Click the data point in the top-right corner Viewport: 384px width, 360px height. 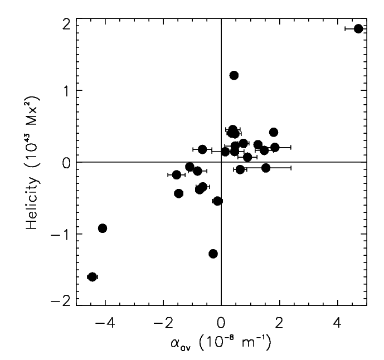(358, 28)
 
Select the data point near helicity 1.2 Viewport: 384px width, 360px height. (234, 75)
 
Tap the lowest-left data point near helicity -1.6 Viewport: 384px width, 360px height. (93, 277)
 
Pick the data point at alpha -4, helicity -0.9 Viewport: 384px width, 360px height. (103, 228)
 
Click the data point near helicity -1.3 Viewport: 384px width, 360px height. (213, 254)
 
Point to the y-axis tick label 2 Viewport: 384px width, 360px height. (65, 23)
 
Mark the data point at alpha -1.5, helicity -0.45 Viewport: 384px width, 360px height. (179, 193)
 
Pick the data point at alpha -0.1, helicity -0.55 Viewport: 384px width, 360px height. (218, 201)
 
